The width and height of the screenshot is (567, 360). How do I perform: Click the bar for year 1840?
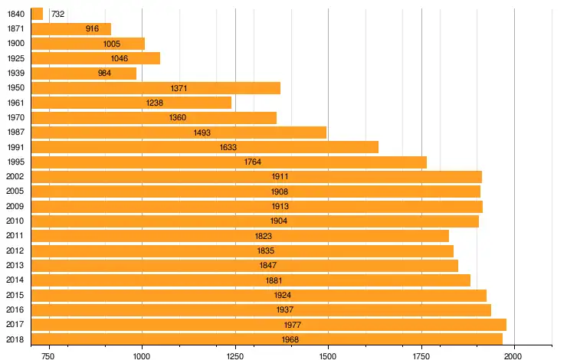coord(37,14)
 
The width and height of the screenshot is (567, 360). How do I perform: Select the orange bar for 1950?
coord(156,88)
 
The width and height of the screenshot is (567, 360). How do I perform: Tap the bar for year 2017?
coord(268,325)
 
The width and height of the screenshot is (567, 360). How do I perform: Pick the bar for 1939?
coord(84,74)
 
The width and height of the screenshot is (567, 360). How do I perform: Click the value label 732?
coord(57,14)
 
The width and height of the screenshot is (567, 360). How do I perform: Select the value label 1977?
coord(293,325)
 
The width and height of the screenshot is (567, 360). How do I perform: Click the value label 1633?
coord(228,147)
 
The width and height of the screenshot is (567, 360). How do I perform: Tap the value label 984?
coord(105,74)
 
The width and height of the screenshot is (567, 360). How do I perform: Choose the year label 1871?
coord(15,28)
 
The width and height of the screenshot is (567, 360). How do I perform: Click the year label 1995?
coord(15,162)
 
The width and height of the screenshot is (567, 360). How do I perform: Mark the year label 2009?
coord(15,206)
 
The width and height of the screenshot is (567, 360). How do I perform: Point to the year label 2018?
coord(15,339)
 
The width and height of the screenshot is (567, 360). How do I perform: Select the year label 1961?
coord(15,103)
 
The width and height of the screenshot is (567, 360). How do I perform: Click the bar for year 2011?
coord(240,236)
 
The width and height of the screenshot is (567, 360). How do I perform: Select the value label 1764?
coord(253,162)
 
